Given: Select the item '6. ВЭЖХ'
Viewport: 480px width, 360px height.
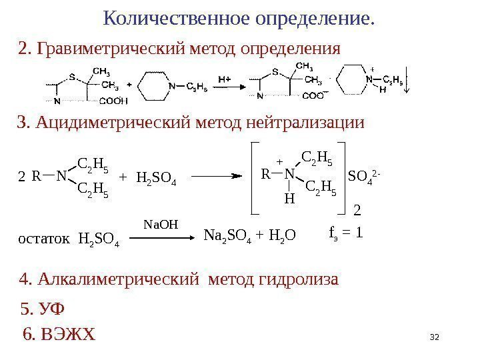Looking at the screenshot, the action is [59, 333].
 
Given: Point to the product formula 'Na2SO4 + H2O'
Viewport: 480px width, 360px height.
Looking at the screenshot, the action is [249, 235].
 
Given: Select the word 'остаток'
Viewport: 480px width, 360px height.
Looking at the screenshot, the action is [42, 239].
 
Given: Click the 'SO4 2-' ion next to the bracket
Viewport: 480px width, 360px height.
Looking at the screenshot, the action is [366, 176].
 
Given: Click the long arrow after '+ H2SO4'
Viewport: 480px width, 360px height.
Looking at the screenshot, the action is [216, 177].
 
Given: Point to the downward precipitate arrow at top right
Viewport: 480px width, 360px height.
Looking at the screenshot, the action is [408, 83].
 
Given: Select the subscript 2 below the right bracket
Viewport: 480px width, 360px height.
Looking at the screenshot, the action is [355, 211].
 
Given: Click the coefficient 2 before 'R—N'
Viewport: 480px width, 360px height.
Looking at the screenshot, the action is [21, 177].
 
